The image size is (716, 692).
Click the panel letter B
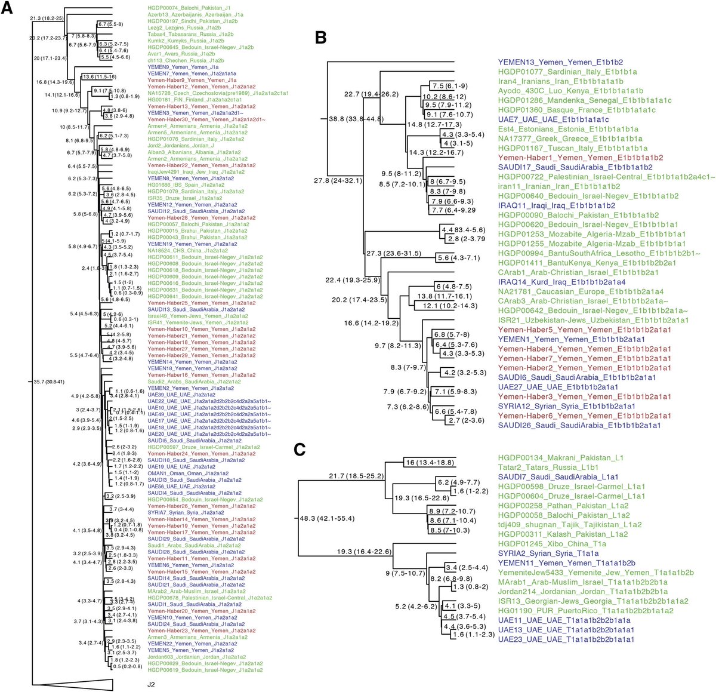pos(320,39)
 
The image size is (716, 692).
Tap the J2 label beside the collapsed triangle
pos(152,685)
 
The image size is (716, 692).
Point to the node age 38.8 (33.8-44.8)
pos(357,119)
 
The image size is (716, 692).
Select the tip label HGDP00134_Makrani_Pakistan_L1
pos(560,458)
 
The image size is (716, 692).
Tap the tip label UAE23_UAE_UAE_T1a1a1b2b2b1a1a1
pos(566,639)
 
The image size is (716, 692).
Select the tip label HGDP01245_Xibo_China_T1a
pos(552,544)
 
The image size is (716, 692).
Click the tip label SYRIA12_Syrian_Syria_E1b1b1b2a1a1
pos(567,406)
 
